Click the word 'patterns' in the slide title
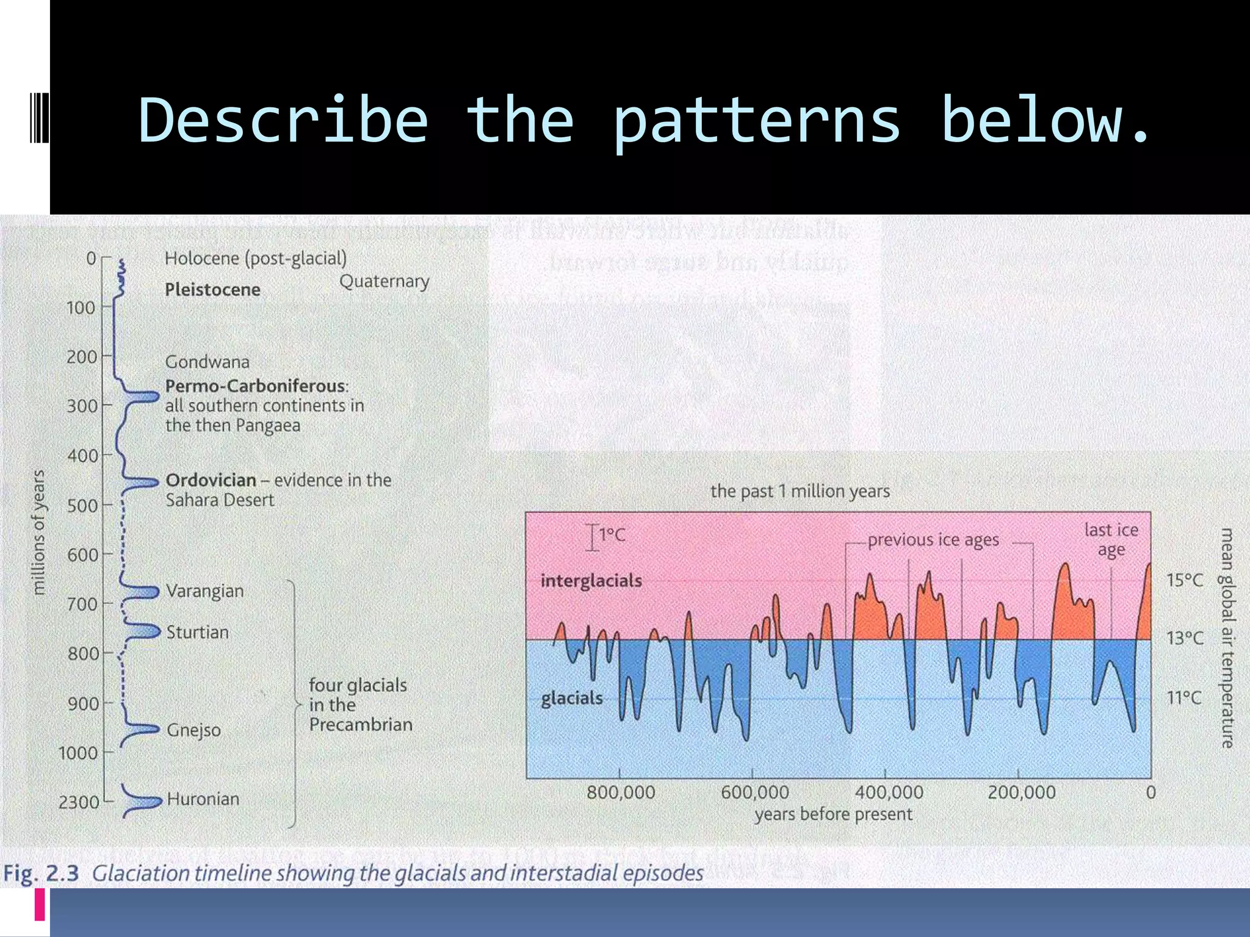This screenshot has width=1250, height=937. tap(757, 121)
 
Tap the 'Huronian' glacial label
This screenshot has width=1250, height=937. tap(203, 799)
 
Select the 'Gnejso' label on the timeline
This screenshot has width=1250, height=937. tap(193, 730)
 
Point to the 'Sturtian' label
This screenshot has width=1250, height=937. tap(197, 632)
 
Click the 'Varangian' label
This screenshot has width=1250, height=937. tap(204, 591)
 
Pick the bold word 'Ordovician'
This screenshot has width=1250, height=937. tap(211, 480)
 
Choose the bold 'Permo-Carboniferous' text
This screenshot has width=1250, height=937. tap(256, 386)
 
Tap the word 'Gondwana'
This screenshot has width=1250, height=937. tap(207, 362)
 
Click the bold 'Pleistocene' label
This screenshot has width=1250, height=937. tap(212, 289)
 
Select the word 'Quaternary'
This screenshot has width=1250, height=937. tap(384, 281)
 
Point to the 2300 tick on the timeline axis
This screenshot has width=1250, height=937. tap(78, 802)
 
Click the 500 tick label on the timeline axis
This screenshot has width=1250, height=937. tap(81, 506)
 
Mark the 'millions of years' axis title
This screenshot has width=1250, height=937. tap(38, 532)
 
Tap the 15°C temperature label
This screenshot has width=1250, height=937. tap(1185, 580)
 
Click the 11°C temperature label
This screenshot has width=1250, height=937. tap(1184, 698)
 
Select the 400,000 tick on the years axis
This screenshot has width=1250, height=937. tap(889, 792)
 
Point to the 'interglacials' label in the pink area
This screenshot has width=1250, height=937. tap(591, 581)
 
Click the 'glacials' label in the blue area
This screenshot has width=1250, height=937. tap(571, 698)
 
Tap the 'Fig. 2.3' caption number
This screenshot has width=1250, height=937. tap(41, 874)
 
